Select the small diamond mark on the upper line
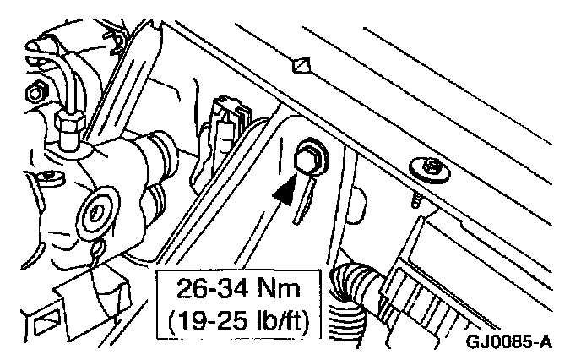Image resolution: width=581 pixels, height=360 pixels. pyautogui.click(x=299, y=64)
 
